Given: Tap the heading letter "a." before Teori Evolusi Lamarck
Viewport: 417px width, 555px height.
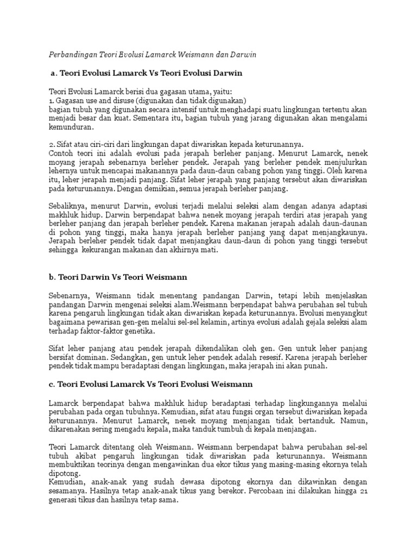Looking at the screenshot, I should tap(53, 72).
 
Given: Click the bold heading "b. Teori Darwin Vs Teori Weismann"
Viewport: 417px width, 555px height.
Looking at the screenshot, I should tap(117, 277).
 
